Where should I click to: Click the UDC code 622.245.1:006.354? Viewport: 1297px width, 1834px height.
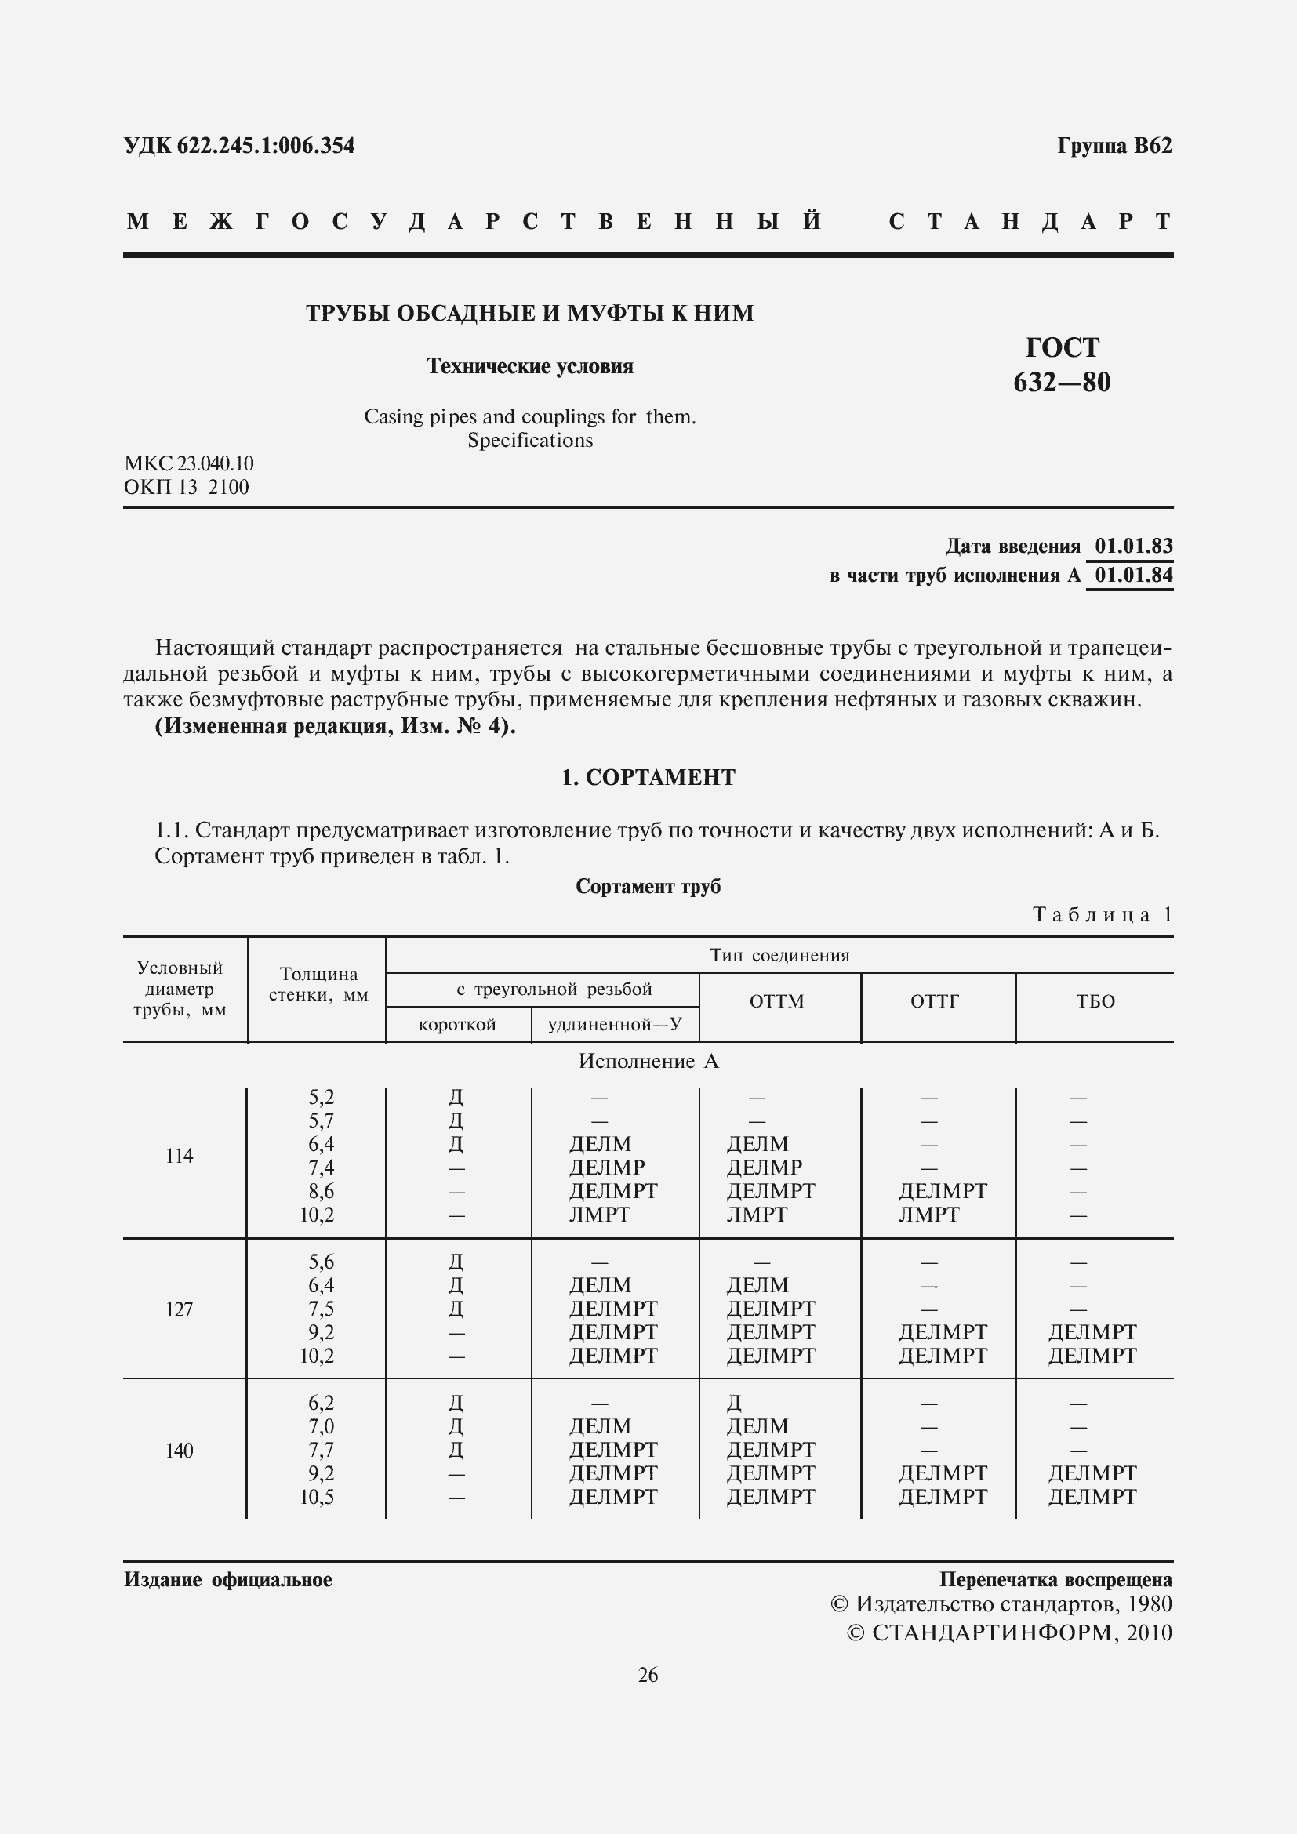pos(239,146)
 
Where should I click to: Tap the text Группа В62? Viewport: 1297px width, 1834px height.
pos(1114,146)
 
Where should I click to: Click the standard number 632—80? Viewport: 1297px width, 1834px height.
pos(1062,383)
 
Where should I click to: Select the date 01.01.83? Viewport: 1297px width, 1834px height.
pos(1133,547)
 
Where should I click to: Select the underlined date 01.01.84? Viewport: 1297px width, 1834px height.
pos(1133,575)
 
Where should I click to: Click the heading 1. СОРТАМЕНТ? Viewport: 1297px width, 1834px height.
pos(648,777)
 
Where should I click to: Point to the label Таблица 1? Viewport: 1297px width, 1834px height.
pos(1102,914)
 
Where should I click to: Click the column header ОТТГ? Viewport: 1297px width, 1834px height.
pos(935,1001)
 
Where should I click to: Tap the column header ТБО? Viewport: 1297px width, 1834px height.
pos(1095,1001)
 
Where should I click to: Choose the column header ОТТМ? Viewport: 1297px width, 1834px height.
pos(776,1001)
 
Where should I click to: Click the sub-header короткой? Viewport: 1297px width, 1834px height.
pos(457,1025)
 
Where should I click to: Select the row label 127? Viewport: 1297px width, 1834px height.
pos(179,1309)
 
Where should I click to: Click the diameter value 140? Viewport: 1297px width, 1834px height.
pos(179,1451)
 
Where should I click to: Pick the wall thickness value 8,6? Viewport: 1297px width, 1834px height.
pos(320,1191)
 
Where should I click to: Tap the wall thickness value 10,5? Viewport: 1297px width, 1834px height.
pos(317,1497)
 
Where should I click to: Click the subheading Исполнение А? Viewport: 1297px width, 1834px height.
pos(648,1062)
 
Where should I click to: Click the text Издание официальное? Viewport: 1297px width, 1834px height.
pos(227,1580)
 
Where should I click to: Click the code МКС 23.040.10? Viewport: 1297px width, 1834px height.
pos(188,464)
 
